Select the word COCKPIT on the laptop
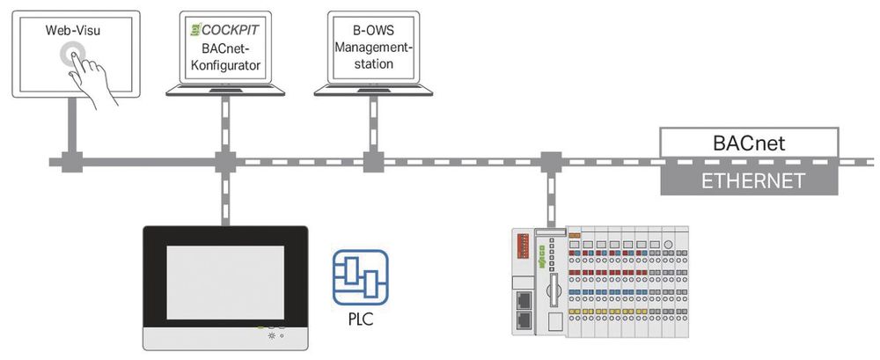tap(231, 29)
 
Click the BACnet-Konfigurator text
tap(225, 55)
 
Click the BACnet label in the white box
tap(748, 142)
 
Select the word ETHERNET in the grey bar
tap(748, 182)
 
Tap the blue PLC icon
tap(360, 276)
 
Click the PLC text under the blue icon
tap(360, 320)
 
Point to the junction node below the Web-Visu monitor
tap(69, 163)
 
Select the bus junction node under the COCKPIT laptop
tap(225, 163)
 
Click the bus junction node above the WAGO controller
tap(552, 163)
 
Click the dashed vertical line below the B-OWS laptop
tap(370, 123)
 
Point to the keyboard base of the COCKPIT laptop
tap(225, 88)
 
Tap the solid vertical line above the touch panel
tap(225, 198)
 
